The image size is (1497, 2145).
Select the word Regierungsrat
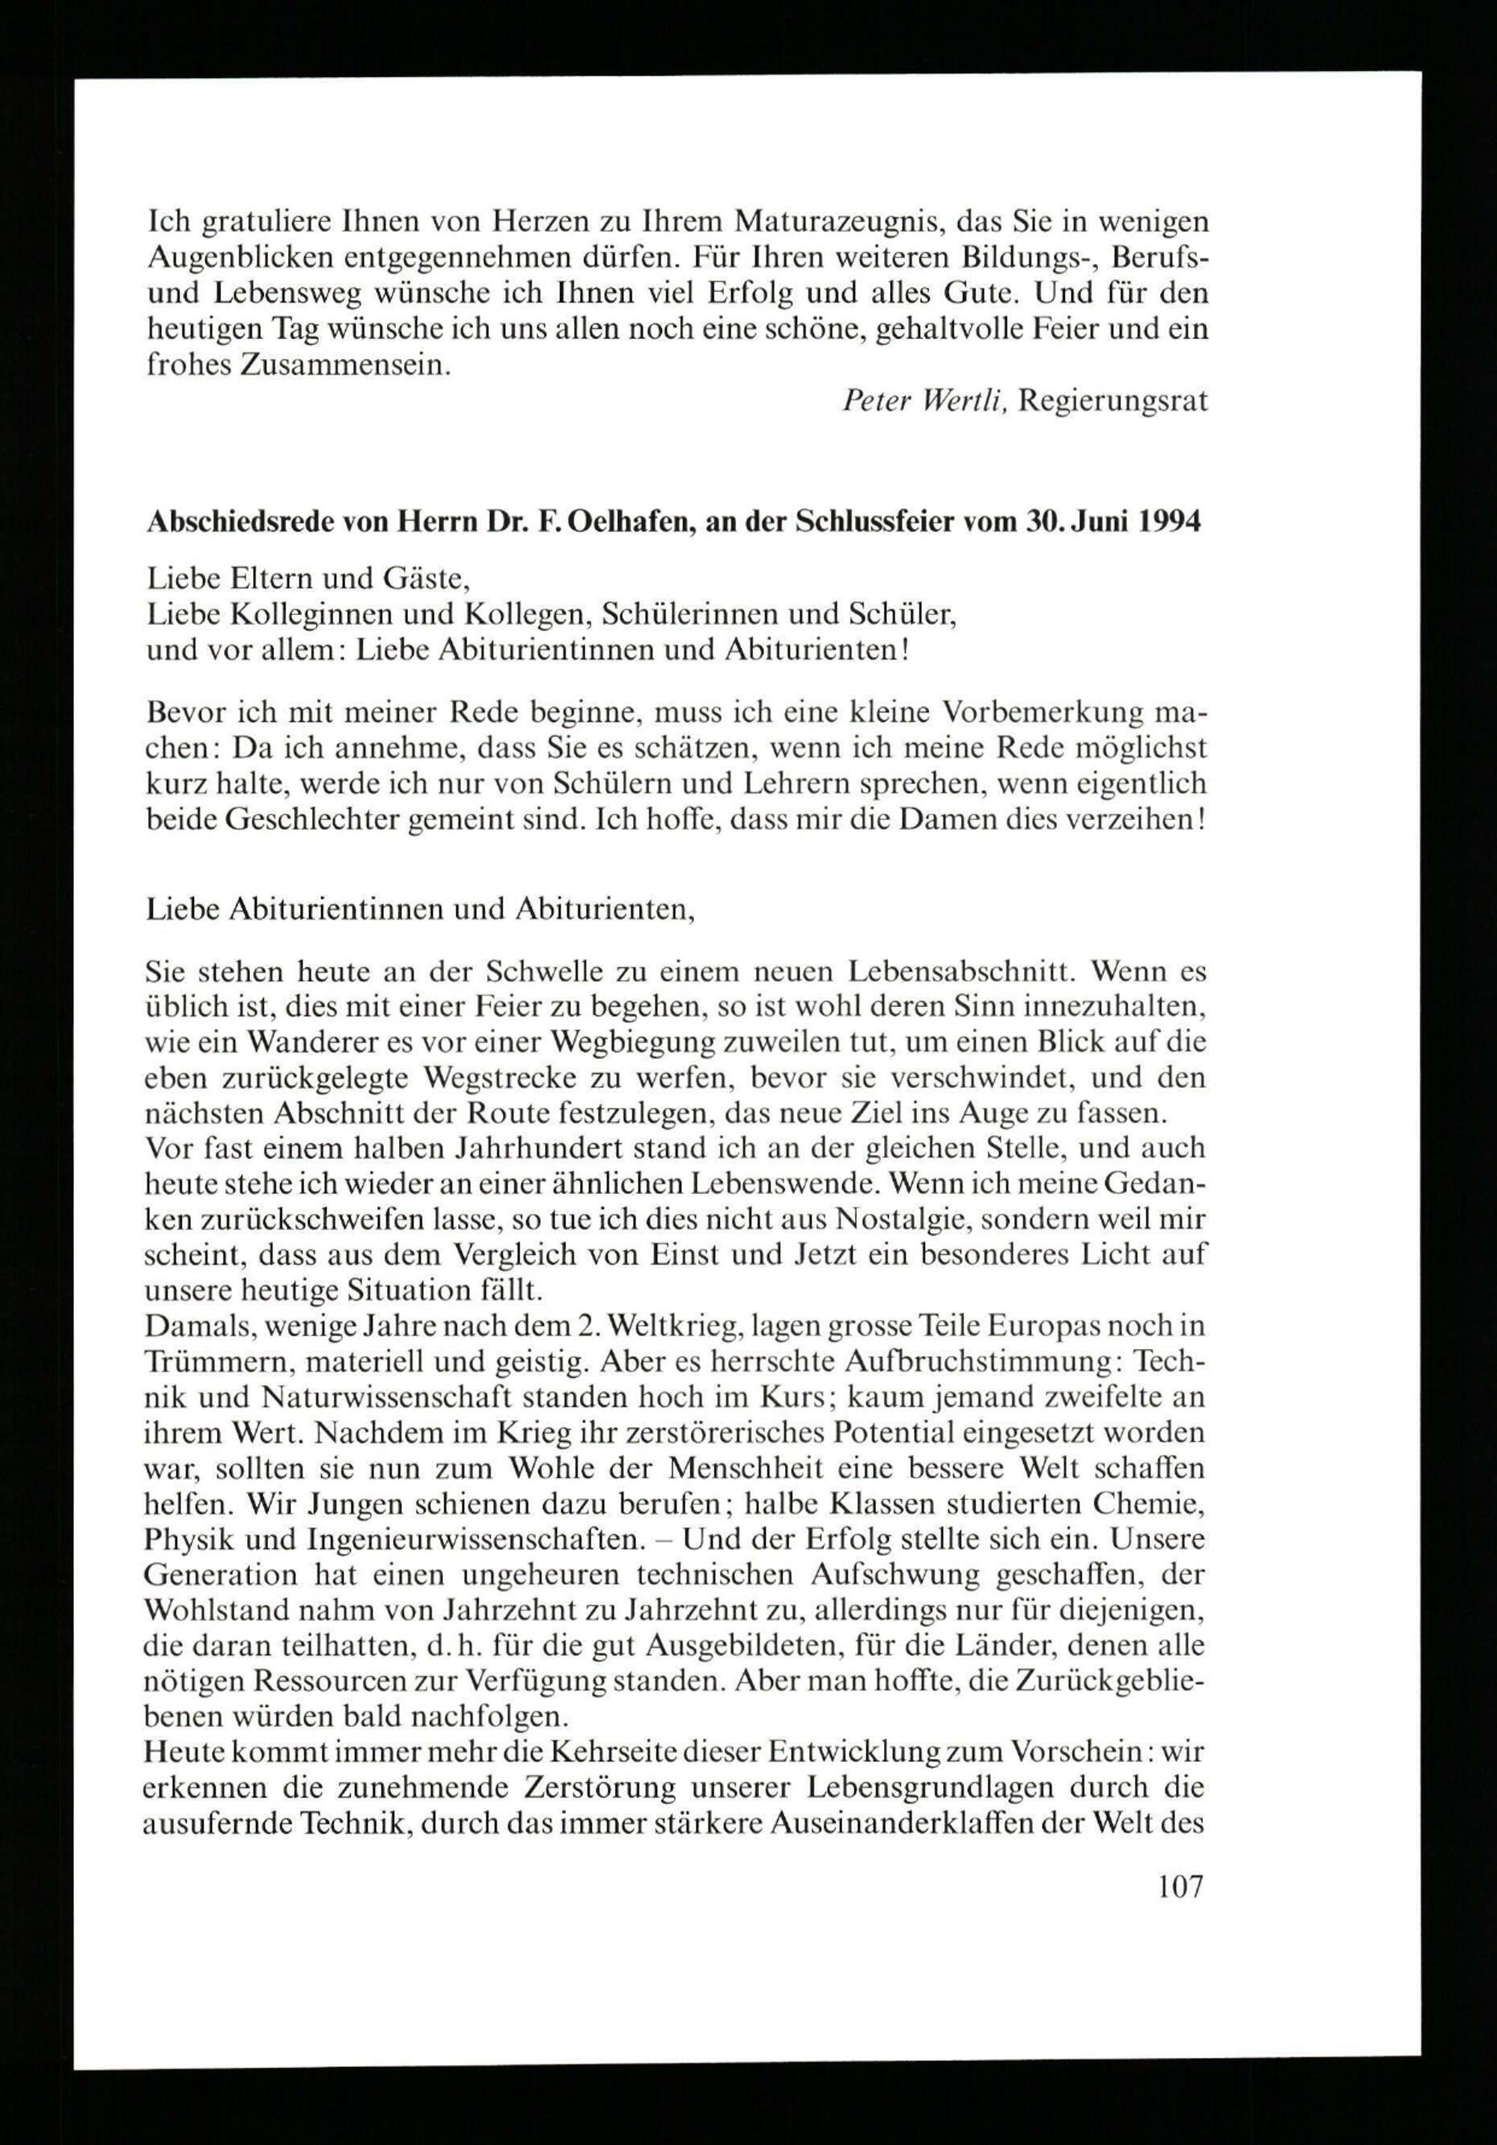pyautogui.click(x=1114, y=402)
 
